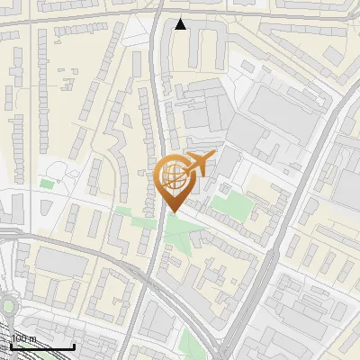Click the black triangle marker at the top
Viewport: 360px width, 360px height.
pyautogui.click(x=181, y=24)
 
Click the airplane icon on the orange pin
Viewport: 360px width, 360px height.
pyautogui.click(x=197, y=164)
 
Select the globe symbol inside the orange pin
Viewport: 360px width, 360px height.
pyautogui.click(x=173, y=177)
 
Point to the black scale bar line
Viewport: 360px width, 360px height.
pyautogui.click(x=41, y=347)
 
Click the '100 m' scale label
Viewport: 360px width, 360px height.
pyautogui.click(x=23, y=339)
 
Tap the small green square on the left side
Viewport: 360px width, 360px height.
pyautogui.click(x=47, y=184)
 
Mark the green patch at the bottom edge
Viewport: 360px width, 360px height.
pyautogui.click(x=188, y=342)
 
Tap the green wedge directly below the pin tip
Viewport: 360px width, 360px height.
pyautogui.click(x=180, y=238)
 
